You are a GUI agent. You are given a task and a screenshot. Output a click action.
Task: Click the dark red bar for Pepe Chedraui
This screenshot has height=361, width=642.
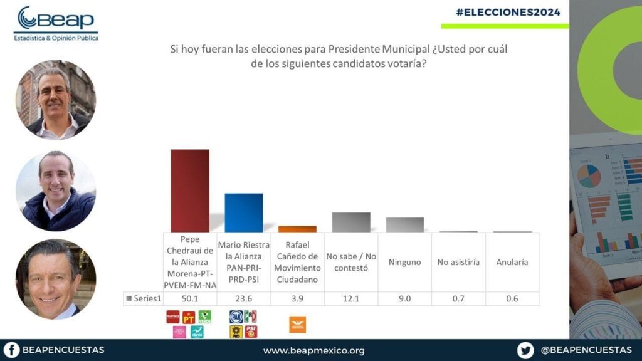190,191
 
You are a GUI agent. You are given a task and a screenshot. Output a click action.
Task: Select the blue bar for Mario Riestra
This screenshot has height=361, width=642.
243,212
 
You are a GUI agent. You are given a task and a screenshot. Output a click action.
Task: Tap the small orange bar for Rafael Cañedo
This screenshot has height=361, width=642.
297,229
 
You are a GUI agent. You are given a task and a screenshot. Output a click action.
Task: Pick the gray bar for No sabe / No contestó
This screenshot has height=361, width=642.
351,222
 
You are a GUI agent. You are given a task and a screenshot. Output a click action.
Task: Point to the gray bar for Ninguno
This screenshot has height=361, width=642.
404,224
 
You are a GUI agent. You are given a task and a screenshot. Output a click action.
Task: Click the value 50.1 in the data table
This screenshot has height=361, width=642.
190,298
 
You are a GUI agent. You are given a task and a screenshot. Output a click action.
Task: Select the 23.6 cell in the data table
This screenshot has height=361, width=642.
243,298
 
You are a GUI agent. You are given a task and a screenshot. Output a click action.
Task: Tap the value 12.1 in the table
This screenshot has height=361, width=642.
351,298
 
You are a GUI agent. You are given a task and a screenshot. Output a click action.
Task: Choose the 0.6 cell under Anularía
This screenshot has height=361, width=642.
512,298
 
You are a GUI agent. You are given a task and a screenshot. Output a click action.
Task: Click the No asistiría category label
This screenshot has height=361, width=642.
458,262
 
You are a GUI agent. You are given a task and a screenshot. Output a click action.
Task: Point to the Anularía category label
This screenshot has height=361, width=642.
512,262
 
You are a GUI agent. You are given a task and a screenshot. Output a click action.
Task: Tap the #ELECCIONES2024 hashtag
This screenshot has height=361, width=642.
508,12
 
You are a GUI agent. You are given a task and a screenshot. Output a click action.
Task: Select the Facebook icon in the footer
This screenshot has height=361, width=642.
11,350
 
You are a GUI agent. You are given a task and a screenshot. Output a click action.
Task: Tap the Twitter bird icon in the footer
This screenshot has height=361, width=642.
525,350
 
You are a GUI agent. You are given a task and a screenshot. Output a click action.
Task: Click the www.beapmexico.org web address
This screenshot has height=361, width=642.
313,350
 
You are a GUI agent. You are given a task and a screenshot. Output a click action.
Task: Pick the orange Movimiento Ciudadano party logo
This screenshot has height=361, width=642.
297,324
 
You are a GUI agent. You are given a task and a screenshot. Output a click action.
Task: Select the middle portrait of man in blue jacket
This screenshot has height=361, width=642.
55,191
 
